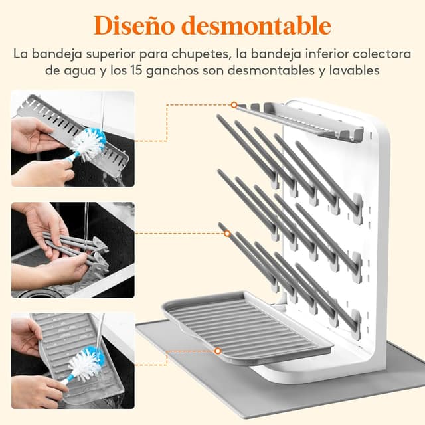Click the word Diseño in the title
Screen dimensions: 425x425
[129, 25]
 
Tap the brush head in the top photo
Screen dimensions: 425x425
[89, 141]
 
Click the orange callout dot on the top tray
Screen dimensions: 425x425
[234, 104]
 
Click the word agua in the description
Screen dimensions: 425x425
[90, 69]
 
